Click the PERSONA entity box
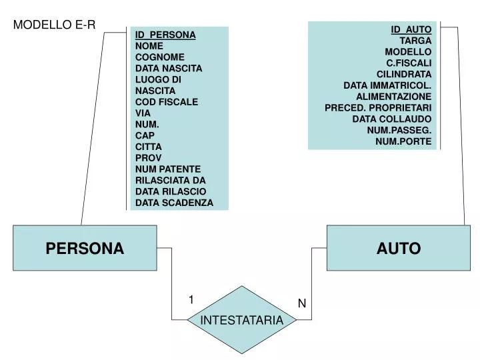tap(85, 248)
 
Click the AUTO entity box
tap(398, 248)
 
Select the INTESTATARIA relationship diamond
tap(242, 320)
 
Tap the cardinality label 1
tap(191, 300)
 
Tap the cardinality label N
tap(301, 303)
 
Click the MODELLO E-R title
tap(55, 25)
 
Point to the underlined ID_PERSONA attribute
tap(165, 35)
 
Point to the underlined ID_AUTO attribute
tap(411, 29)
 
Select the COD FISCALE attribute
tap(167, 102)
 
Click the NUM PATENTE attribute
tap(168, 169)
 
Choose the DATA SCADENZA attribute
tap(175, 203)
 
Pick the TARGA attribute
tap(420, 41)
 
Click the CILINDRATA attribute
tap(404, 74)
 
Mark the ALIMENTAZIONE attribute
tap(393, 97)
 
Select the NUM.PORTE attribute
tap(403, 141)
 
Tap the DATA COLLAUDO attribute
tap(392, 119)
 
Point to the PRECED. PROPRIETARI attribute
tap(378, 107)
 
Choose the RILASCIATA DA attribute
tap(171, 180)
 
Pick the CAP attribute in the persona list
tap(145, 135)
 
